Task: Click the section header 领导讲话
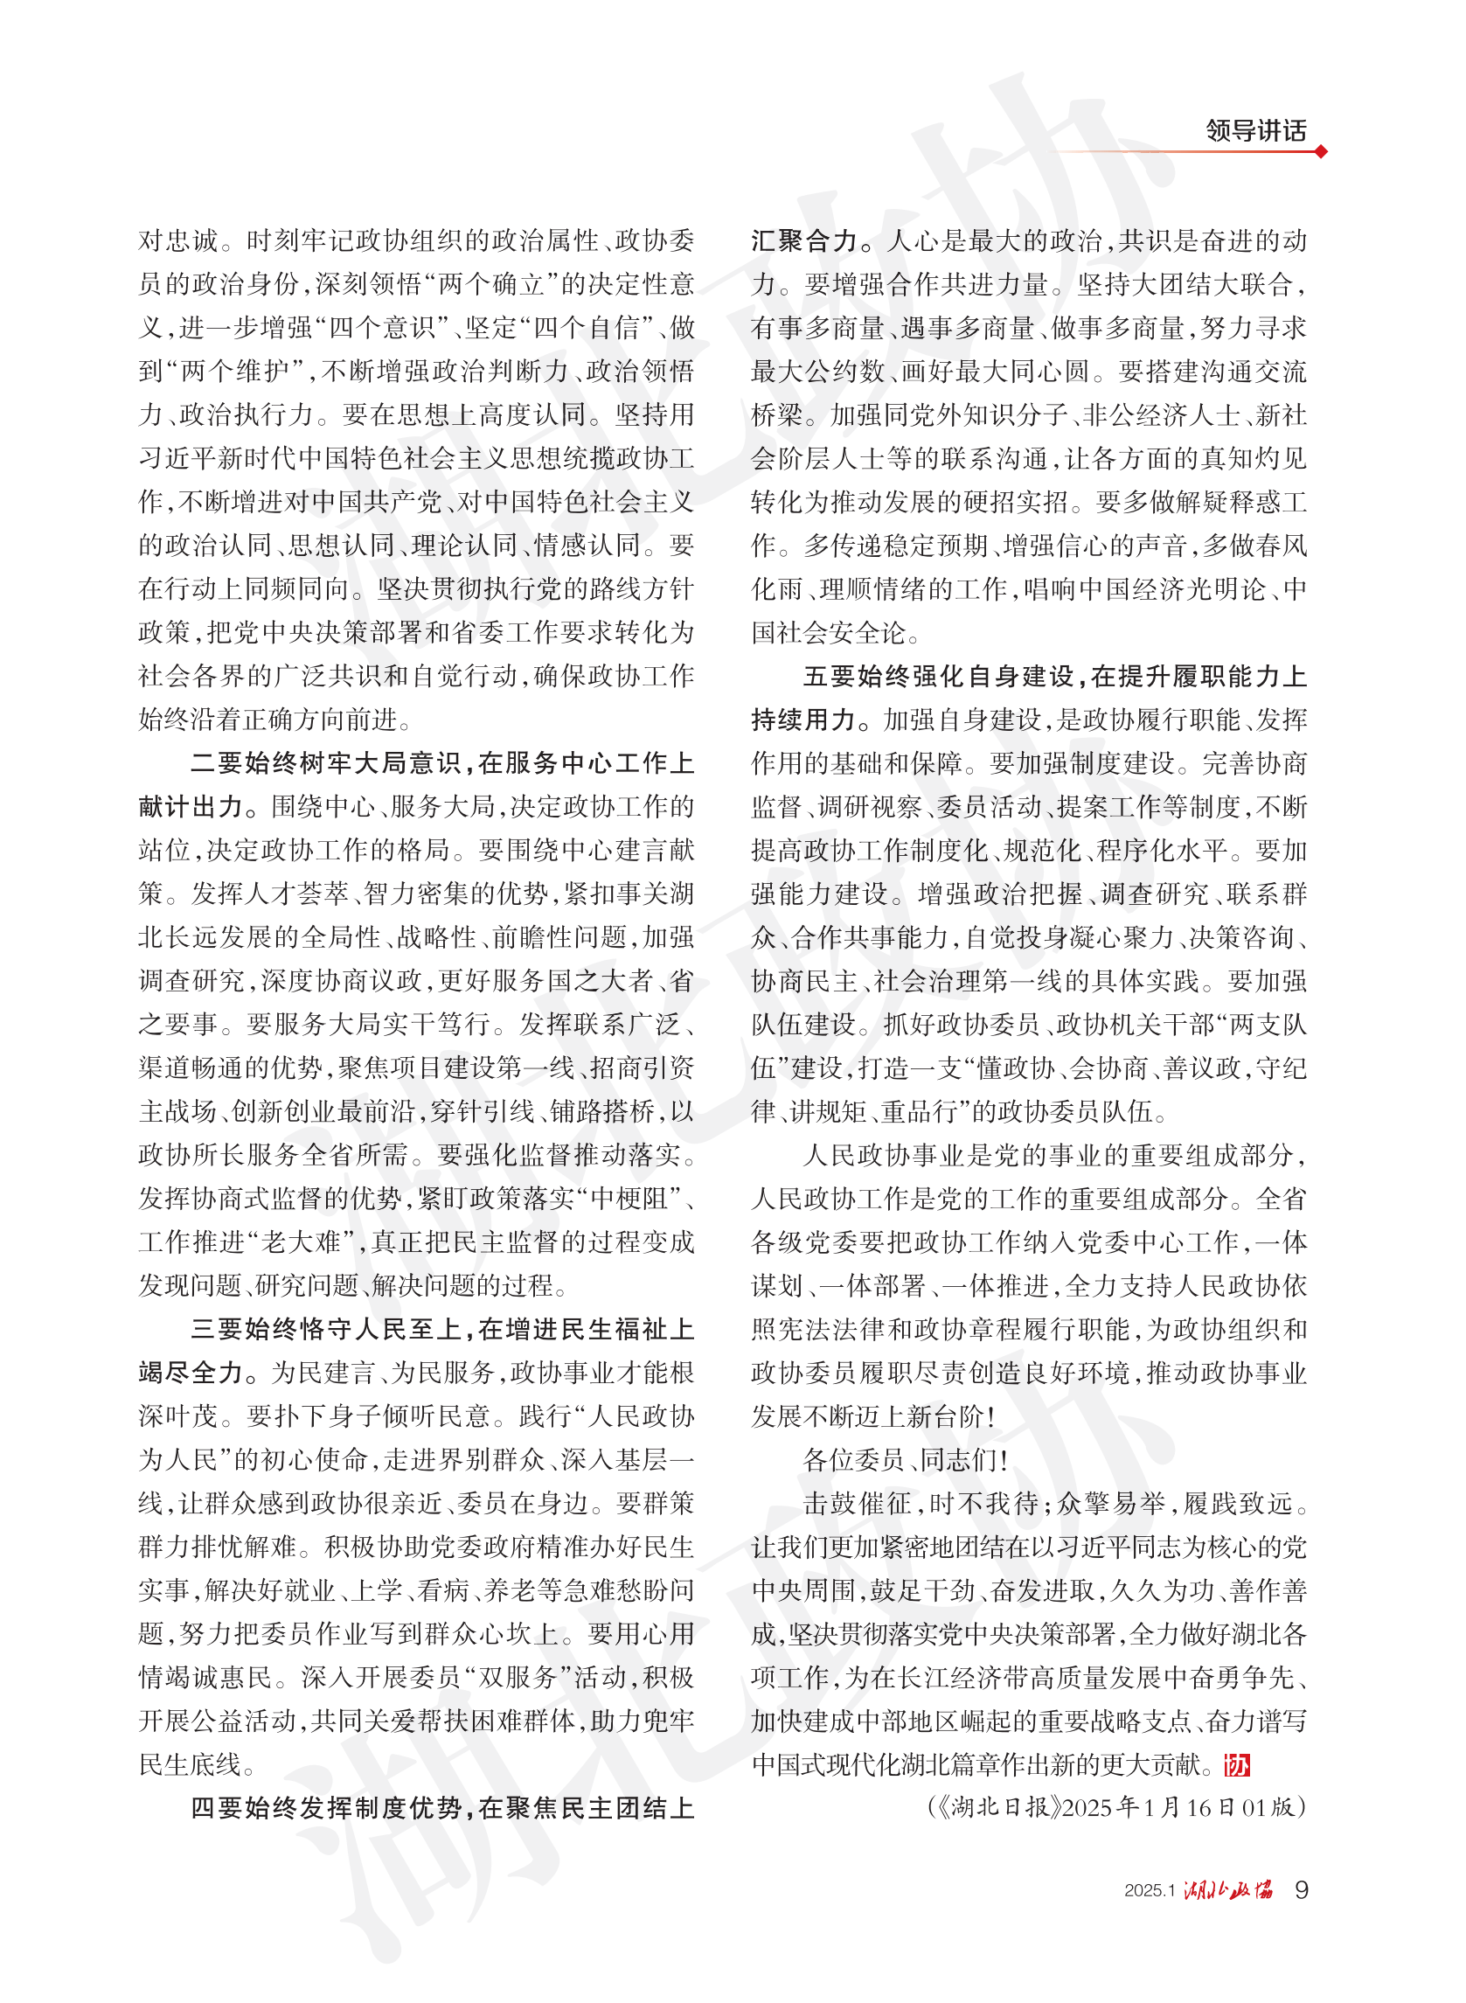pyautogui.click(x=1254, y=131)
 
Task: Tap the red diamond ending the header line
pyautogui.click(x=1322, y=152)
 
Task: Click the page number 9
pyautogui.click(x=1301, y=1889)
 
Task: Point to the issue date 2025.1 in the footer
pyautogui.click(x=1150, y=1891)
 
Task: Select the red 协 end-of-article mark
pyautogui.click(x=1236, y=1765)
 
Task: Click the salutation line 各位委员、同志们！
pyautogui.click(x=904, y=1460)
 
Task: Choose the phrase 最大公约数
pyautogui.click(x=817, y=371)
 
